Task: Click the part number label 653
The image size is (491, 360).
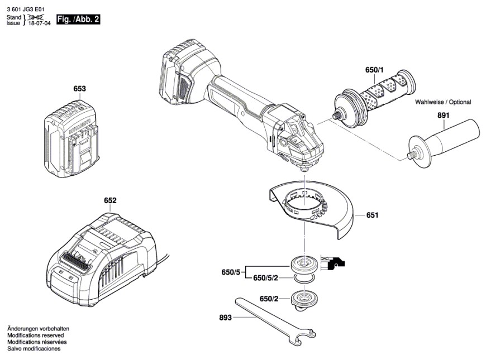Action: tap(79, 89)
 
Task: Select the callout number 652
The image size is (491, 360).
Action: tap(110, 200)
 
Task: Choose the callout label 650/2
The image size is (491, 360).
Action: tap(269, 299)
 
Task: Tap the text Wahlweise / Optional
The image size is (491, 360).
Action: tap(442, 103)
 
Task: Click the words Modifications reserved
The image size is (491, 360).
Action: tap(35, 335)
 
